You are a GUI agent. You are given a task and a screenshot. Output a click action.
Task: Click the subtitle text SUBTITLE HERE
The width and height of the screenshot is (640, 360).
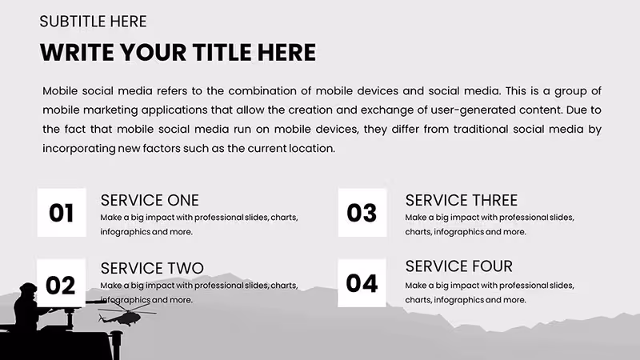(x=93, y=22)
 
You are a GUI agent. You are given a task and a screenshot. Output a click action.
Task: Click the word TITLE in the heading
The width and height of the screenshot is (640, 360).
(x=222, y=53)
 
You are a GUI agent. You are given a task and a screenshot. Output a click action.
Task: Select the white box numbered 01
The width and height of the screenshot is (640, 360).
(x=62, y=212)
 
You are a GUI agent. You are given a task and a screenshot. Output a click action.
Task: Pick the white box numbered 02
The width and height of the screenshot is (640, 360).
(x=62, y=283)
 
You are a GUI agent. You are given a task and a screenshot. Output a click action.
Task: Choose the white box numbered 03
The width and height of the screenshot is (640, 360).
(x=362, y=212)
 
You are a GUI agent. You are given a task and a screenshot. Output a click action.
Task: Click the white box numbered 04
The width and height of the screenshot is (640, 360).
(x=362, y=283)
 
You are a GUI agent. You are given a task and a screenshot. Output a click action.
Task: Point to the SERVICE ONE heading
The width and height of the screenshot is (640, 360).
(x=150, y=201)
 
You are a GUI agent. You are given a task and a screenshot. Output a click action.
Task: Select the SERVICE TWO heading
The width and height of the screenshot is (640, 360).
(x=152, y=268)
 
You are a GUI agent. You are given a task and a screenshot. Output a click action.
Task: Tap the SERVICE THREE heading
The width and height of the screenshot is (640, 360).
(x=462, y=201)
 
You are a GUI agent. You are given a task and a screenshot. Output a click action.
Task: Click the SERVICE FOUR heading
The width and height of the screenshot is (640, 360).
(x=458, y=266)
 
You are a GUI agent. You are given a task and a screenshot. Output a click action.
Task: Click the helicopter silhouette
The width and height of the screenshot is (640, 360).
(x=126, y=314)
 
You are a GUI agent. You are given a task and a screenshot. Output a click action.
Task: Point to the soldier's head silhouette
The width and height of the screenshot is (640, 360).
(x=29, y=290)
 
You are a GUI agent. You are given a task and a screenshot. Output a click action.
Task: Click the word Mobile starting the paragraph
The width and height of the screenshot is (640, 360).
(x=60, y=90)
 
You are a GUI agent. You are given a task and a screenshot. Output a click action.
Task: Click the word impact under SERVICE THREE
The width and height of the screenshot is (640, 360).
(x=465, y=218)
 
